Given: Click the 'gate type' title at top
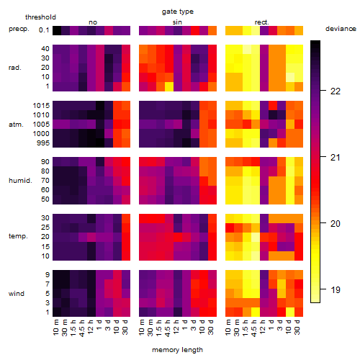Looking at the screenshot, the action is pos(178,12).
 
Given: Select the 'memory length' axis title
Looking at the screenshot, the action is pos(177,350).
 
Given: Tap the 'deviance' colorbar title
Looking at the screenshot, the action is pos(341,29).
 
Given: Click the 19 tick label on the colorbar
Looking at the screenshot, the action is pos(336,290).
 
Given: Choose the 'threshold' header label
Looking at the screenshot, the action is pos(40,17).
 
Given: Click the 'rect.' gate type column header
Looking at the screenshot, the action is pos(262,22).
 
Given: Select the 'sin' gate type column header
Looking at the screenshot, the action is pos(177,22).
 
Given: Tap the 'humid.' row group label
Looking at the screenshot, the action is pos(20,181).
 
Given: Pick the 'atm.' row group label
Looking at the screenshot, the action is pos(16,125).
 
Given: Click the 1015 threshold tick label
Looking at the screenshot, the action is pos(41,106).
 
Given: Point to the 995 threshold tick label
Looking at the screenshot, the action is pos(43,143).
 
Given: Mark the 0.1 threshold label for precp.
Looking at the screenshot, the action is pos(44,30).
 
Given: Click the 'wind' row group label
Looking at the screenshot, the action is pos(17,294).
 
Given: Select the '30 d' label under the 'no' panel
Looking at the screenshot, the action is pos(125,327).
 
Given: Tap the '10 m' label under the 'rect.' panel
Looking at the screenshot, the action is pos(229,328).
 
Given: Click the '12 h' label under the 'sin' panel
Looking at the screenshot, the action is pos(176,327).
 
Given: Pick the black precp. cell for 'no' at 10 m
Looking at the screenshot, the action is pos(57,31).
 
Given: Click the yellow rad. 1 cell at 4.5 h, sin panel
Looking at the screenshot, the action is pos(169,86).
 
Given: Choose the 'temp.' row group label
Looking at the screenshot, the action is pos(18,236).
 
